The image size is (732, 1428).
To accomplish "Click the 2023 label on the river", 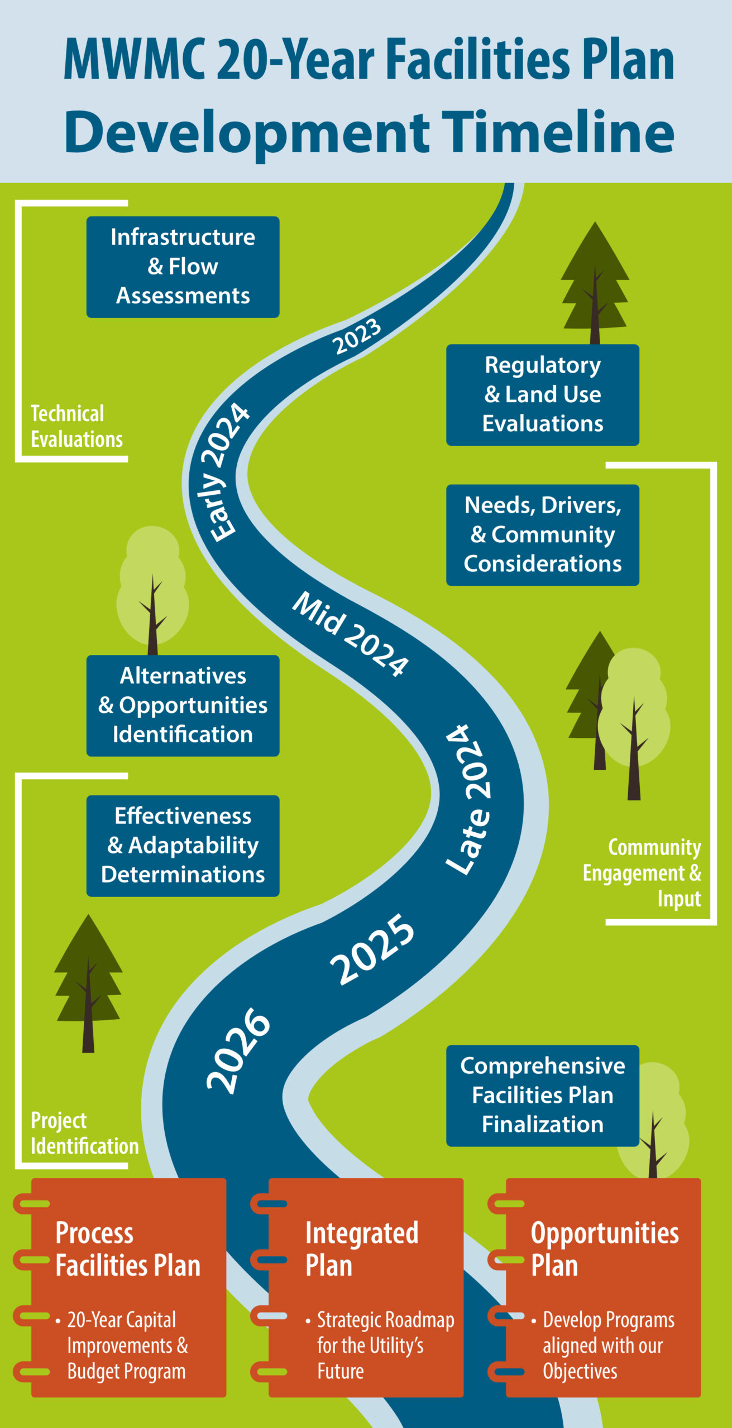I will (x=357, y=336).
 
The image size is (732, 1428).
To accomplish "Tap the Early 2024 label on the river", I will (x=223, y=472).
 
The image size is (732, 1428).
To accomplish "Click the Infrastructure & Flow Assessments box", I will (x=183, y=267).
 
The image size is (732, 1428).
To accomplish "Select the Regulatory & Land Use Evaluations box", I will (x=542, y=394).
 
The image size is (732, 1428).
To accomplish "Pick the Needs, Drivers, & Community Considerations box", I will (x=542, y=534).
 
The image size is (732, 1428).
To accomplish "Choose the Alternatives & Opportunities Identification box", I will (x=183, y=705).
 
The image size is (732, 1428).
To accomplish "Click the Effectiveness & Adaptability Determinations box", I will (x=183, y=845).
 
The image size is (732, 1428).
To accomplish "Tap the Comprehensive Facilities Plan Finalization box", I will (x=542, y=1095).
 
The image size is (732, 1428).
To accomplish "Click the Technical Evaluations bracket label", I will (x=76, y=427).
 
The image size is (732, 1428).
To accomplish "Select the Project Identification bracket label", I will (x=84, y=1133).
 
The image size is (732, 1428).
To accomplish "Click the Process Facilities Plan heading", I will (x=127, y=1249).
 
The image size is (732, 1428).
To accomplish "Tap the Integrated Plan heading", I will (x=361, y=1249).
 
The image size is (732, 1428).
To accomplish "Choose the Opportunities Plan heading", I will (x=604, y=1249).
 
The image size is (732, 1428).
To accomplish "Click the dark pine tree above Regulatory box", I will (x=595, y=282).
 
